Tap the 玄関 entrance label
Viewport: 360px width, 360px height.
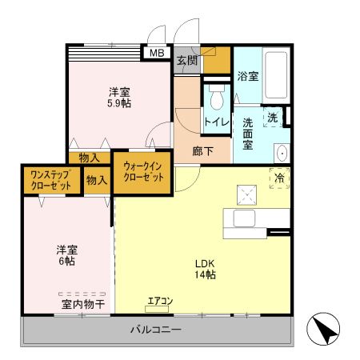[x=186, y=60]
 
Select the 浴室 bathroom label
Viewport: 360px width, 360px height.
[x=247, y=77]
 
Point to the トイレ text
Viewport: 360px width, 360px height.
[x=217, y=122]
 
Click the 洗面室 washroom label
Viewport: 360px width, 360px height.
[x=247, y=134]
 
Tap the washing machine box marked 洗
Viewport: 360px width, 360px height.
[x=273, y=117]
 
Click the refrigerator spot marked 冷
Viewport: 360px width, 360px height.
[x=280, y=177]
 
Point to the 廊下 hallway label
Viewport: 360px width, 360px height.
[x=202, y=149]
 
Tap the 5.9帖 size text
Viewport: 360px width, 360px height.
[x=119, y=103]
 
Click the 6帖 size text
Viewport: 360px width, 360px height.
[x=67, y=260]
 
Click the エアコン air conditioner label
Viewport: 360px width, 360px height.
[x=160, y=302]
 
